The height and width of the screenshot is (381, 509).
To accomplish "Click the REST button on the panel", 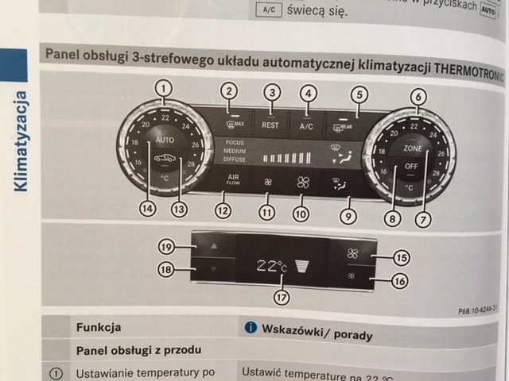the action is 270,125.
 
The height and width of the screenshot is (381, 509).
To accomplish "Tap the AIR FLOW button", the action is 233,179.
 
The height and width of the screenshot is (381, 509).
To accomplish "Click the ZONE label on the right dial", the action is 412,148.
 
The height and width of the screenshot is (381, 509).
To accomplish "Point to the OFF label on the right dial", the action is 411,167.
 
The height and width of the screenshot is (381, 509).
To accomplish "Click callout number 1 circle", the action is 163,87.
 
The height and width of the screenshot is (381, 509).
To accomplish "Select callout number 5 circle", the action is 359,94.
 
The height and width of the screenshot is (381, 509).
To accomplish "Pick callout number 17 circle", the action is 281,297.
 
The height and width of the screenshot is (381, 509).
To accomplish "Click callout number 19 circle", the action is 167,246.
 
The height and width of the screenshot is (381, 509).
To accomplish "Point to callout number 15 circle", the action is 401,257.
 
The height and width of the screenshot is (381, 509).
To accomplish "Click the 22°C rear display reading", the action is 271,267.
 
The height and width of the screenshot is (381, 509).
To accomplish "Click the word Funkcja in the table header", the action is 98,326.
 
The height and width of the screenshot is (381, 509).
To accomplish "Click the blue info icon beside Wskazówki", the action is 251,327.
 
